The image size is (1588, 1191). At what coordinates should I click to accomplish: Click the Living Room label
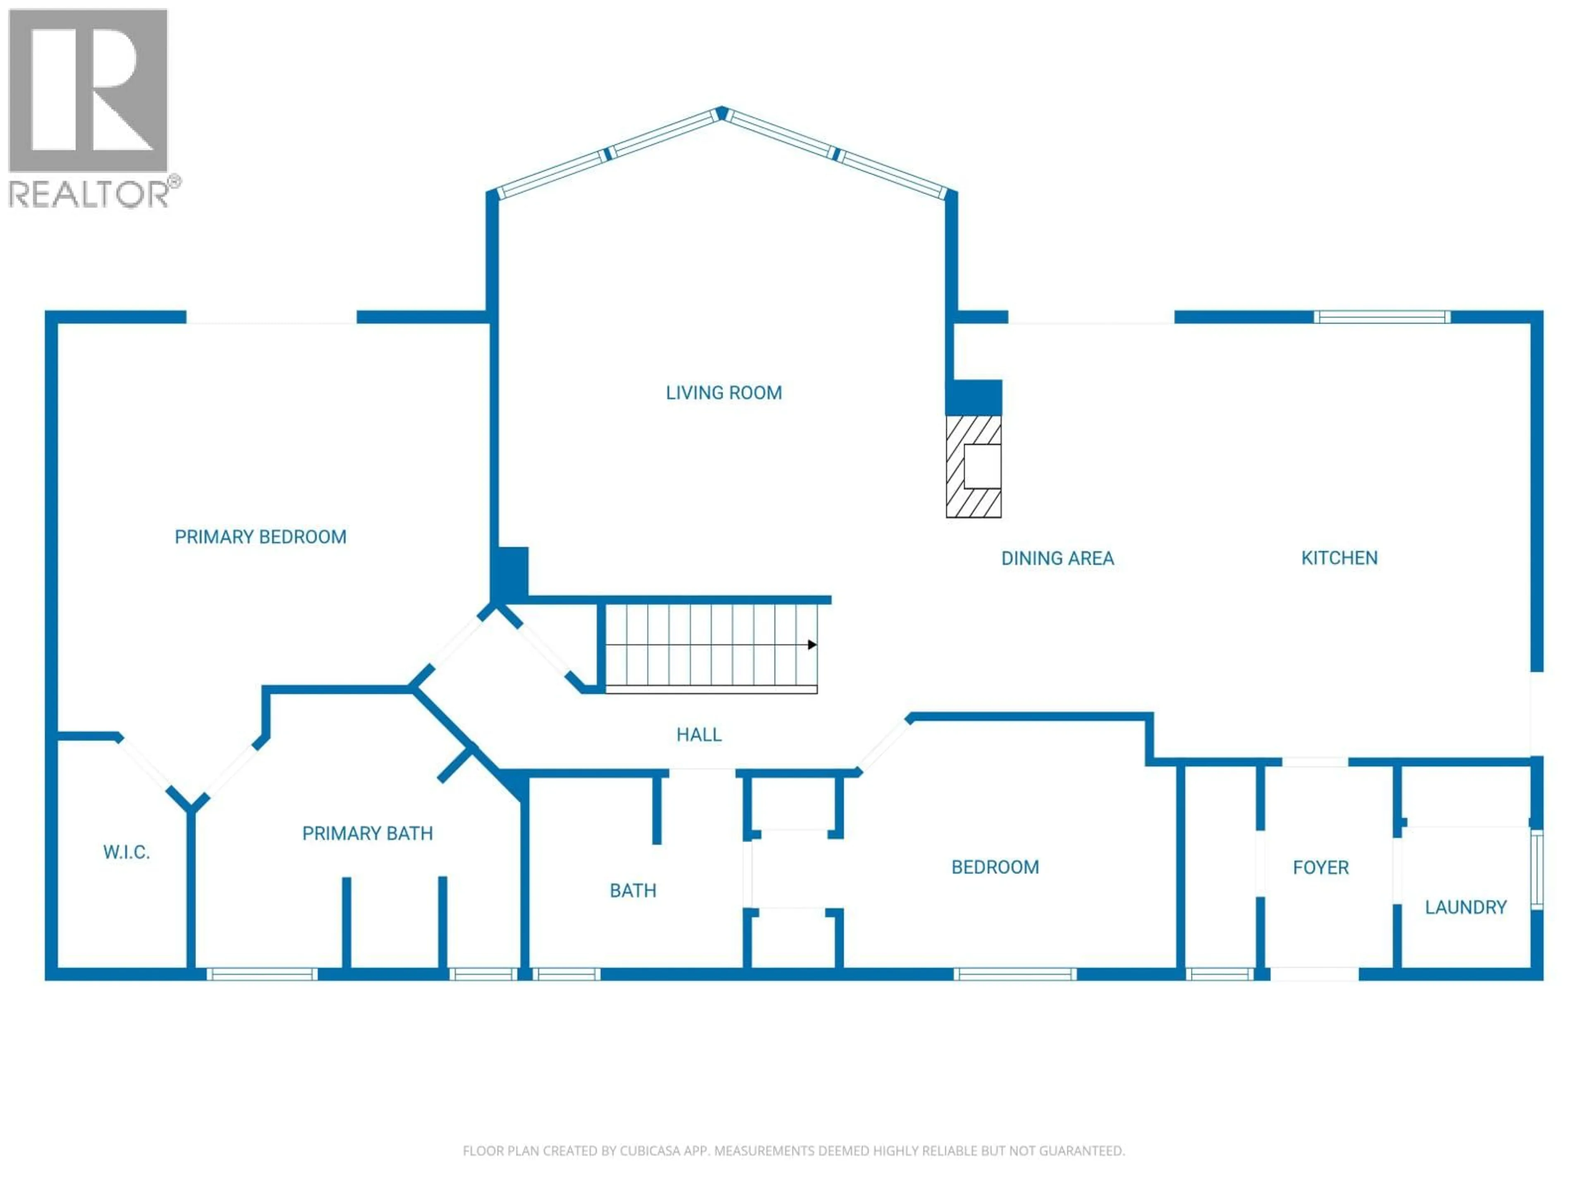[724, 393]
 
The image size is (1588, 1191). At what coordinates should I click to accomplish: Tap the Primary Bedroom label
[261, 537]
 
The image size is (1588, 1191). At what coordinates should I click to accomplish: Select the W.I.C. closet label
[127, 852]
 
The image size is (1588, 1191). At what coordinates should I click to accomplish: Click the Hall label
[698, 734]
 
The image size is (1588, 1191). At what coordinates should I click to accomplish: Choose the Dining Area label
[1057, 559]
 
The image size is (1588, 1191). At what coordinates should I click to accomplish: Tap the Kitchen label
[1339, 558]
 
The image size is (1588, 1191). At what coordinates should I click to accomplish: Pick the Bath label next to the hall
[632, 891]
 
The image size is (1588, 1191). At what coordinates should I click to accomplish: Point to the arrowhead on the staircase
[812, 645]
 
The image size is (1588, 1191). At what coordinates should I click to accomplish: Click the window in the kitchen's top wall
[1382, 317]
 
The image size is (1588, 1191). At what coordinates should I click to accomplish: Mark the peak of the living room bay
[722, 113]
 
